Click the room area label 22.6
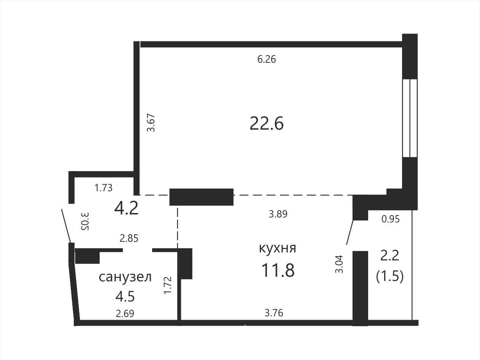267,124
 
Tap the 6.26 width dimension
267,59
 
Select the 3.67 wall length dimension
151,122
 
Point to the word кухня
278,249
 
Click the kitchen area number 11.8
278,270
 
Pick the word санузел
125,277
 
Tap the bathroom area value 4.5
125,297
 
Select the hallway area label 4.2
126,208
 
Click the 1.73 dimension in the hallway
103,188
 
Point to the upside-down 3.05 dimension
85,221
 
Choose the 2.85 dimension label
129,238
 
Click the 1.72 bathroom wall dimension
168,285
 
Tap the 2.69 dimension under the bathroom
125,314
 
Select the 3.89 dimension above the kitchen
278,214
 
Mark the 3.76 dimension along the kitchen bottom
274,313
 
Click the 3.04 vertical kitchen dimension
339,264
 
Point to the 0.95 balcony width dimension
391,219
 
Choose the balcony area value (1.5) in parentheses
390,276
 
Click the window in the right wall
410,118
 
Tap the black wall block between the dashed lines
202,197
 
